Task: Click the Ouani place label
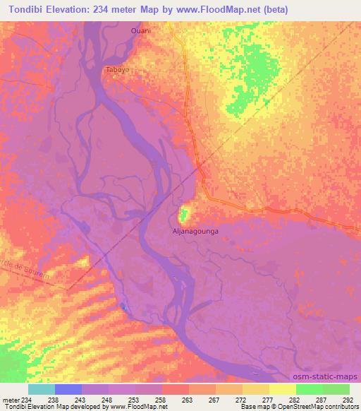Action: [141, 31]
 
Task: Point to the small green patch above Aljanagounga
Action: [185, 213]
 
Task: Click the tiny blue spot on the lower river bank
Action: [124, 306]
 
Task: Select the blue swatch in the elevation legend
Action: [68, 389]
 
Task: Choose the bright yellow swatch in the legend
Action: [282, 389]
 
